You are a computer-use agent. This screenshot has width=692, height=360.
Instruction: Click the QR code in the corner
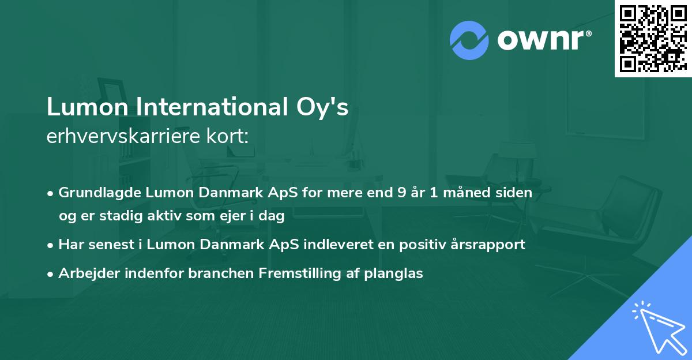652,38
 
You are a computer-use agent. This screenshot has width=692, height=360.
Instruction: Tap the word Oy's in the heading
326,108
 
